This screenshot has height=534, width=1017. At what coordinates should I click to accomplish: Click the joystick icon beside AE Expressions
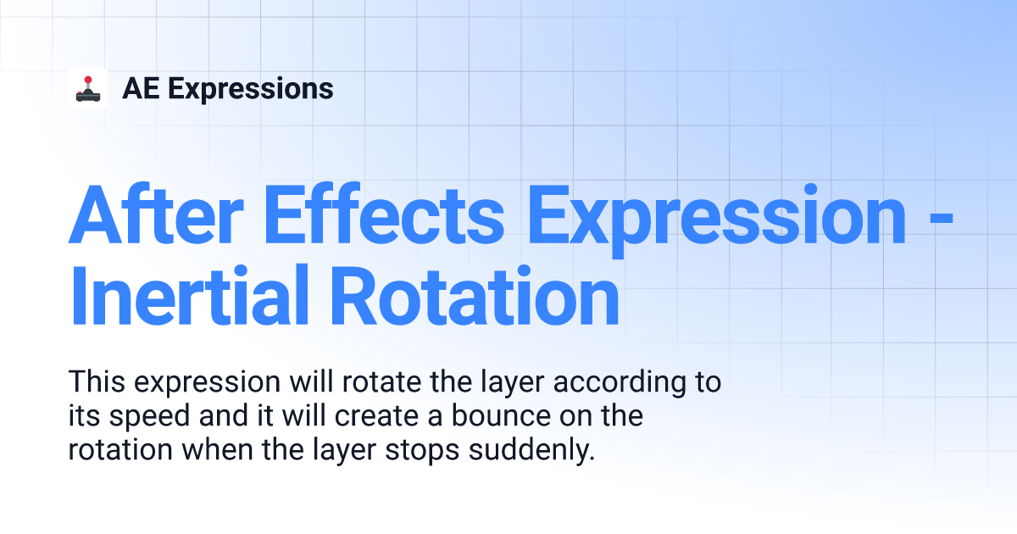(x=88, y=88)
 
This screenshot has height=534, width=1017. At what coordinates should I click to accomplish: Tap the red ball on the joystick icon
(x=88, y=80)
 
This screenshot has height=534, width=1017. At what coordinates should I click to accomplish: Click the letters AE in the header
(x=141, y=88)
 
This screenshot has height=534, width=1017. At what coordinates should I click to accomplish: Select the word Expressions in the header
(x=251, y=89)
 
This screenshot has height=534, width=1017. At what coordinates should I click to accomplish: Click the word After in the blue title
(x=156, y=214)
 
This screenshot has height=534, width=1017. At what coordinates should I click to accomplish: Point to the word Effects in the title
(x=384, y=214)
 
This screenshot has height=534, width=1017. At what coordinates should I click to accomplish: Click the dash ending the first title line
(x=942, y=219)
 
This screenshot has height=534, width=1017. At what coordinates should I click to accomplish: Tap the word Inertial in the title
(x=190, y=295)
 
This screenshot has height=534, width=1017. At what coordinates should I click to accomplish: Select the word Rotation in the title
(x=475, y=295)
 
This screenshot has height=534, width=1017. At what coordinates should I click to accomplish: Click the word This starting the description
(x=97, y=381)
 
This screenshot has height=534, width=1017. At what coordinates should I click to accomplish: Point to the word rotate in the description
(x=382, y=381)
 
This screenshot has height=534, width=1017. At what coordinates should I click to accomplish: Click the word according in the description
(x=620, y=383)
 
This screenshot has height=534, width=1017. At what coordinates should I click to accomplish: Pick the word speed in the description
(x=149, y=417)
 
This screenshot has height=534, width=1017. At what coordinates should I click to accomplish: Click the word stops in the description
(x=422, y=451)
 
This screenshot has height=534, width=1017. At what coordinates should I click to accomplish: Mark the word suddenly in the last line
(x=531, y=450)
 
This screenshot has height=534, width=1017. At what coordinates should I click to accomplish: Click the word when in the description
(x=217, y=449)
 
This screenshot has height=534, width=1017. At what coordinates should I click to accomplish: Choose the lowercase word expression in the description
(x=207, y=383)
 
